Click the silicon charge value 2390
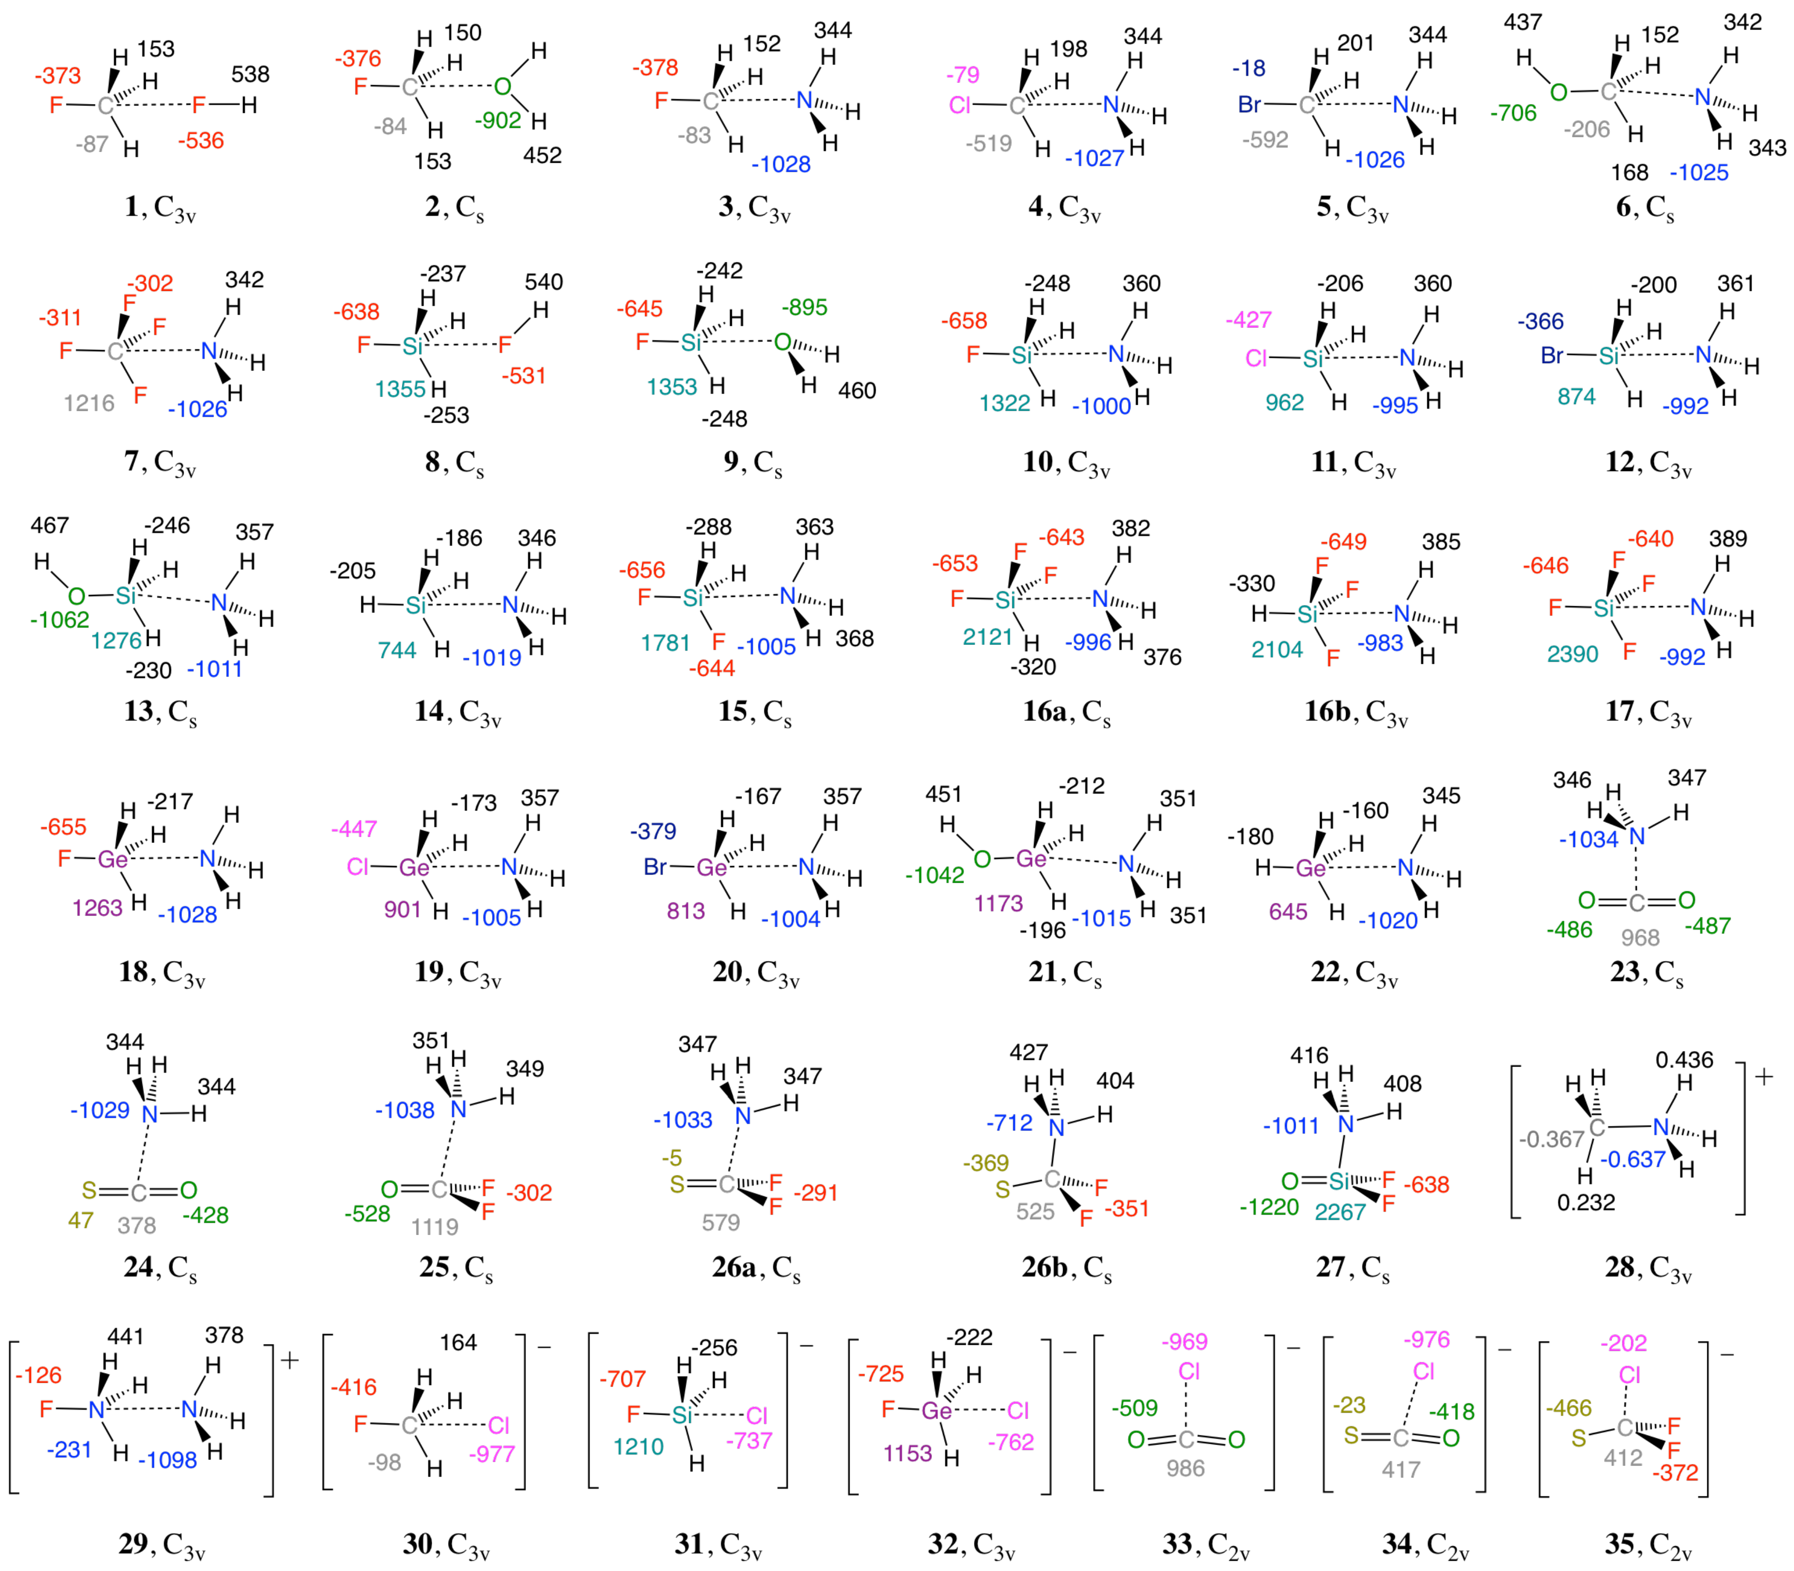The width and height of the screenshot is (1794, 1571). [1572, 654]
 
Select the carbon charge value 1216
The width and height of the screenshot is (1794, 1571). [89, 403]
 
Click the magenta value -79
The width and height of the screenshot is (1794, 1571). [963, 75]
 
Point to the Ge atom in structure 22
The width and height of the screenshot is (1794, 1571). [1310, 868]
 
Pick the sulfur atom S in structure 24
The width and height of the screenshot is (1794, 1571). [89, 1190]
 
